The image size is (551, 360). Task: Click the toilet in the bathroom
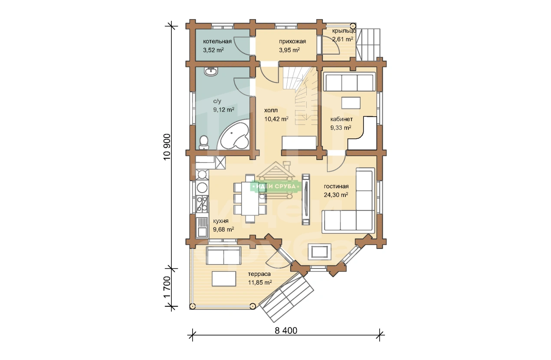pyautogui.click(x=203, y=142)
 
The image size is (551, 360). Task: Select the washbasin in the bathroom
pyautogui.click(x=211, y=71)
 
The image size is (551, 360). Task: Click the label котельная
pyautogui.click(x=217, y=41)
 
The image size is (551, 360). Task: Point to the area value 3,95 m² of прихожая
pyautogui.click(x=289, y=50)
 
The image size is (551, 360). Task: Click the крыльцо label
pyautogui.click(x=344, y=31)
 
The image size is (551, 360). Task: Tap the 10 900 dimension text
pyautogui.click(x=167, y=147)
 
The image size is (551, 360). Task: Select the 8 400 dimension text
pyautogui.click(x=286, y=331)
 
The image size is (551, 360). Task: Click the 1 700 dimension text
pyautogui.click(x=167, y=287)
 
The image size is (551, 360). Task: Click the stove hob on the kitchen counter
pyautogui.click(x=202, y=204)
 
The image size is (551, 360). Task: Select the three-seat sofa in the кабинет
pyautogui.click(x=349, y=82)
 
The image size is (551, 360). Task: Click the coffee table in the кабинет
pyautogui.click(x=351, y=103)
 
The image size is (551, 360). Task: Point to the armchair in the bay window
pyautogui.click(x=319, y=251)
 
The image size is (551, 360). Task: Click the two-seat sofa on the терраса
pyautogui.click(x=223, y=256)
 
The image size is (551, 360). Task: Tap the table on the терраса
pyautogui.click(x=224, y=278)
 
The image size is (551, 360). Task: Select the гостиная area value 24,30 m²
pyautogui.click(x=336, y=195)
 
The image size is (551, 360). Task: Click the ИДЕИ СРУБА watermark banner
pyautogui.click(x=276, y=187)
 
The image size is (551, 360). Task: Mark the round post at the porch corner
pyautogui.click(x=353, y=26)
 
